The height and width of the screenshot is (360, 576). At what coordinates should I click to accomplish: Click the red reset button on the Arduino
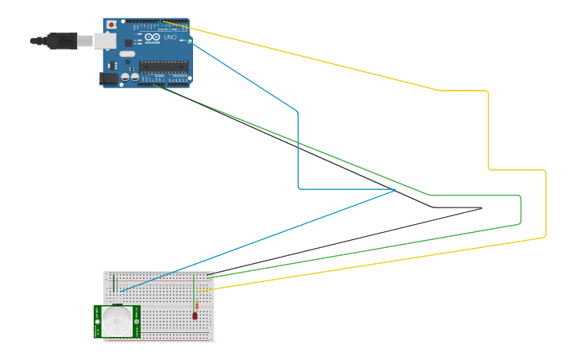click(111, 25)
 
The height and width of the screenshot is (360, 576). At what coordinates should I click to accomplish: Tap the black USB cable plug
click(60, 41)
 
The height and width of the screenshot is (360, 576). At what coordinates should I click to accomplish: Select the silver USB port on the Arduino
click(104, 41)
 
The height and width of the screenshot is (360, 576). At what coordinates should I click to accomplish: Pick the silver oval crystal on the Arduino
click(128, 54)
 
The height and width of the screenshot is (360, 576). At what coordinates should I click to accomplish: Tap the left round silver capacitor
click(126, 78)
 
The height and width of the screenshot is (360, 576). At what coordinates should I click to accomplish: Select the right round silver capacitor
click(135, 78)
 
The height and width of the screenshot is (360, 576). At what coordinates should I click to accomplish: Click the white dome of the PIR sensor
click(118, 322)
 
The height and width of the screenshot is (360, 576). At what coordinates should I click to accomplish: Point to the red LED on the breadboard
click(195, 315)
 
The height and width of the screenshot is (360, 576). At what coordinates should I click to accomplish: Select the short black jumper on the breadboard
click(113, 283)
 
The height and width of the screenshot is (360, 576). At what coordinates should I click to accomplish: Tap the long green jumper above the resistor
click(194, 285)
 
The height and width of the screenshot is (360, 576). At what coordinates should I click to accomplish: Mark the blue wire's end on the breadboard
click(122, 292)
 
